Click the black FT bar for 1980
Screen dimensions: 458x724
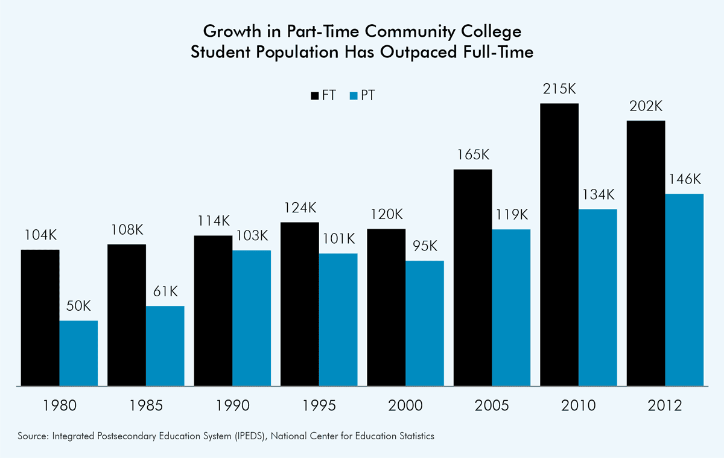[x=40, y=317]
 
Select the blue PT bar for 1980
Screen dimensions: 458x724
[x=78, y=353]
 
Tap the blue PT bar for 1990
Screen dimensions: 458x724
[x=252, y=318]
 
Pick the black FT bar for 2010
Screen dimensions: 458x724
[x=559, y=244]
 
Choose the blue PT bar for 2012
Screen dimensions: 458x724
[x=684, y=290]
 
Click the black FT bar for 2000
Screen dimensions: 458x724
[x=386, y=307]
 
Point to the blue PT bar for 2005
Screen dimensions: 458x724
[x=511, y=307]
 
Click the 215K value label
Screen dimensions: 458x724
[x=559, y=89]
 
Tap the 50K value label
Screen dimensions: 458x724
[x=78, y=306]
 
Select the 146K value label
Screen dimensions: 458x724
[x=684, y=179]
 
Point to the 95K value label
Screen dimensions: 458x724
[x=425, y=246]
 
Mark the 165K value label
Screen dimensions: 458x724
[x=472, y=154]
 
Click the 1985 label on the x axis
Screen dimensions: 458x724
[x=146, y=405]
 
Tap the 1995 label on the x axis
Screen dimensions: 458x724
[x=319, y=405]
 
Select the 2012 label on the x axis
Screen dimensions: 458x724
[x=665, y=405]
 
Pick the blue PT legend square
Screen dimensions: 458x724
[x=355, y=95]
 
